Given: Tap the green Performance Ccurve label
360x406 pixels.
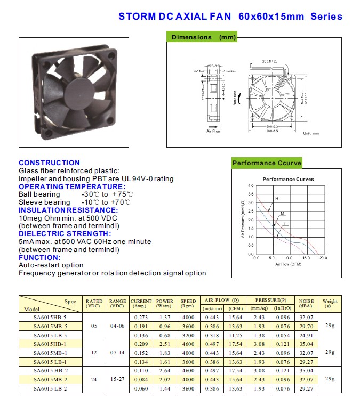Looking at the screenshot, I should (x=267, y=163).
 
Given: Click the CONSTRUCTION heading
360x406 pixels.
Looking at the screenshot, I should (x=49, y=163).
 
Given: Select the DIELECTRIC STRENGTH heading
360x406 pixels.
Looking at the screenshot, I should (x=65, y=233).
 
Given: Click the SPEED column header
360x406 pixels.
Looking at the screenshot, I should (x=188, y=303).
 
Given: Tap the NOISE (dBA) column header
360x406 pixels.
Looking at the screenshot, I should (x=306, y=303).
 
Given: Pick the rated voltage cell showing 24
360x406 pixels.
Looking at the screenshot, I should (x=94, y=380).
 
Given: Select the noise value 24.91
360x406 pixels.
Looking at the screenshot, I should (x=306, y=335).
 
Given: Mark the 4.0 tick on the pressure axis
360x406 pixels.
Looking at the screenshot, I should (x=251, y=185).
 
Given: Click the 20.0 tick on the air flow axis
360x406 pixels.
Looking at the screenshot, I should (x=323, y=258).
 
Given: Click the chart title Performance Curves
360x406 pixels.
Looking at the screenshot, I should (x=289, y=179).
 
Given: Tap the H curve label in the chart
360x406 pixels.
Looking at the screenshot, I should (x=276, y=198).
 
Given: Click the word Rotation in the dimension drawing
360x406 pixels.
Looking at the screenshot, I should (x=235, y=98).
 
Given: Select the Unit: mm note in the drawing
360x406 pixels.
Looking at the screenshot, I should (x=310, y=133).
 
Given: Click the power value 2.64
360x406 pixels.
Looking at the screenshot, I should (x=165, y=371).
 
